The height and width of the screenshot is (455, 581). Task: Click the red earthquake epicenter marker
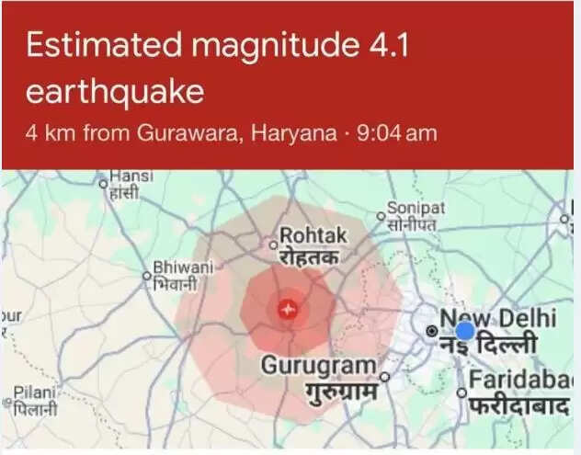tap(288, 311)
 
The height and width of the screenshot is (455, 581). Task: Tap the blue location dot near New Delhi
tap(465, 331)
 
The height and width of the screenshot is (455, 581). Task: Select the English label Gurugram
tap(319, 365)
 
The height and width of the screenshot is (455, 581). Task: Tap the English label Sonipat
tap(416, 209)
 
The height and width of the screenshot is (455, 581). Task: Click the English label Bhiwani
tap(182, 267)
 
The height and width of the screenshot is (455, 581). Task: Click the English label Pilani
tap(34, 392)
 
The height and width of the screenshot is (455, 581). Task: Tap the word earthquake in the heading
tap(114, 94)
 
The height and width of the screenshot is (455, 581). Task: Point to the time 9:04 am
tap(396, 134)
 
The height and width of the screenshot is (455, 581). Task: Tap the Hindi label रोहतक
tap(309, 257)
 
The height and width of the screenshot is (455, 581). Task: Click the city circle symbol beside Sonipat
tap(380, 217)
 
